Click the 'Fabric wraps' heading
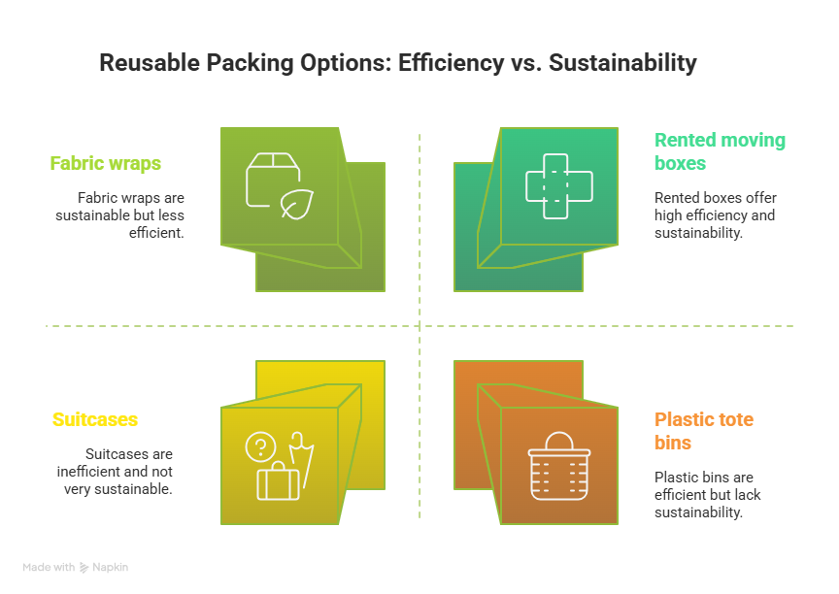[x=106, y=164]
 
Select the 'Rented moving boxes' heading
[x=720, y=151]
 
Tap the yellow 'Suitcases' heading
[x=94, y=420]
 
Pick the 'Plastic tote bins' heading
[x=704, y=431]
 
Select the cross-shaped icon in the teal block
[x=557, y=184]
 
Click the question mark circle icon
[x=259, y=446]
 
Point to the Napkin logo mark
[x=84, y=568]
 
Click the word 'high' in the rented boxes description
[x=670, y=215]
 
